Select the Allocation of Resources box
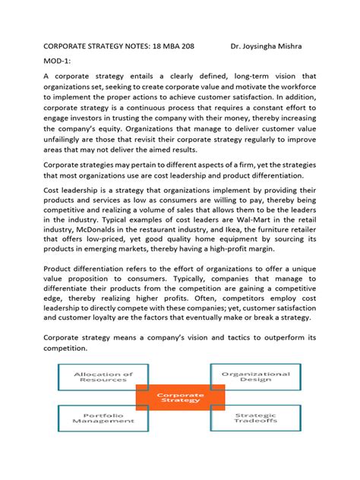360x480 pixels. (102, 378)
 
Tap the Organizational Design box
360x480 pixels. (255, 378)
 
